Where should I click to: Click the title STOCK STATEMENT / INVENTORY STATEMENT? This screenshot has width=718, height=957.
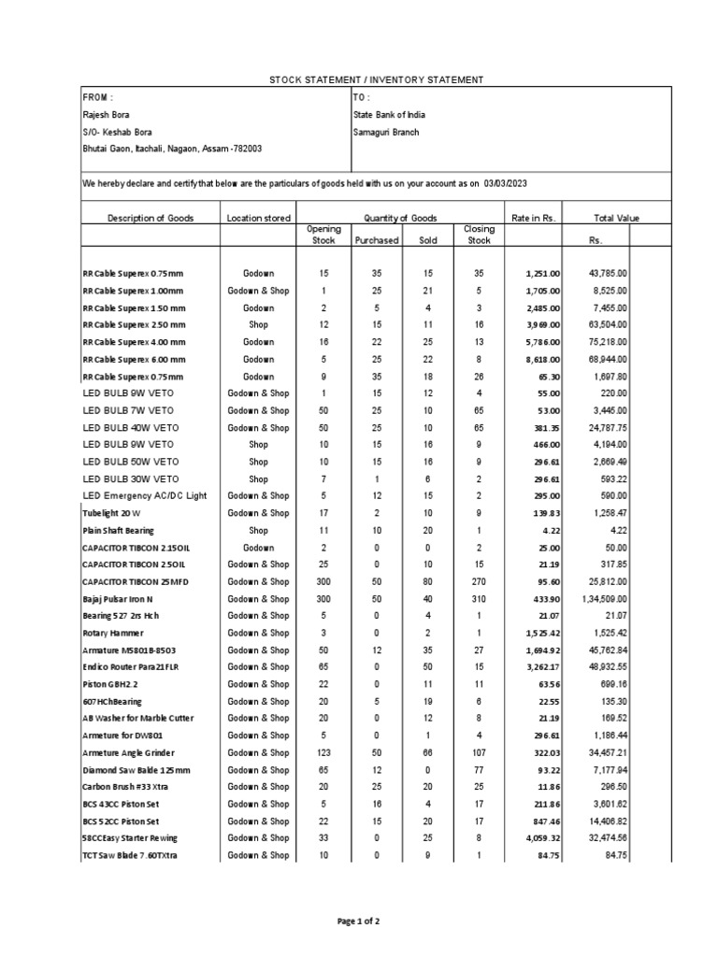(x=377, y=80)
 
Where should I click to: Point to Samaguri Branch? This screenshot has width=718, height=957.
(x=386, y=132)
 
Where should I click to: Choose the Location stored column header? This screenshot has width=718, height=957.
(x=259, y=218)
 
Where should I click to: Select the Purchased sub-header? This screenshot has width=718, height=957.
(x=376, y=240)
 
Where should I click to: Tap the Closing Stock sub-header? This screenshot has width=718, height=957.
(x=479, y=235)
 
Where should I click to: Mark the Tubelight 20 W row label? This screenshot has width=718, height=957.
(x=110, y=513)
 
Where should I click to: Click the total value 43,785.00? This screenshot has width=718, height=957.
(x=607, y=273)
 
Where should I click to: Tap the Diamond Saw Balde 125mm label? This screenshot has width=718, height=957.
(x=136, y=770)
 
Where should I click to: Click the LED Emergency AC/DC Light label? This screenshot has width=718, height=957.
(x=145, y=495)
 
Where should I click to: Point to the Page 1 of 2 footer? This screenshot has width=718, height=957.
(x=358, y=921)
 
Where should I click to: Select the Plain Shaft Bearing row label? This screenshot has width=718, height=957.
(x=118, y=530)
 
